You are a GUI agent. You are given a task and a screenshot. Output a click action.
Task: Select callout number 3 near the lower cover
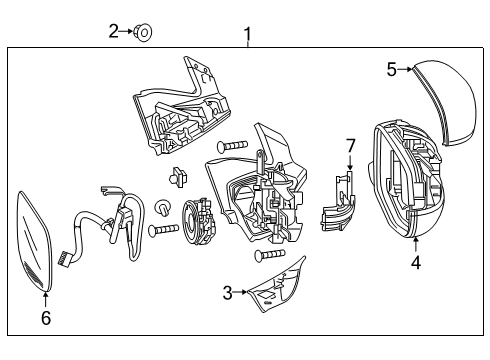tap(228, 292)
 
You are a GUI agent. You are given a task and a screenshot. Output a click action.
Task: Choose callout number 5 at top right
tap(392, 68)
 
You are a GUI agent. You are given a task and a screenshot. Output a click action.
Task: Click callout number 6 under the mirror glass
tap(45, 318)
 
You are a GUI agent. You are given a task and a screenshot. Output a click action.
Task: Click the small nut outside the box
tap(142, 32)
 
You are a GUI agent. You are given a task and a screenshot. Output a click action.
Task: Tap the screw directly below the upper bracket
tap(232, 147)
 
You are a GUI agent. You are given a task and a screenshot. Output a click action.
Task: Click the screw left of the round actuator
tap(163, 231)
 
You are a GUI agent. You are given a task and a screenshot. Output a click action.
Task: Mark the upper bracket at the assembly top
tap(185, 106)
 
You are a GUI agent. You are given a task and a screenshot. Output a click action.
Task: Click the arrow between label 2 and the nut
tap(127, 31)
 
